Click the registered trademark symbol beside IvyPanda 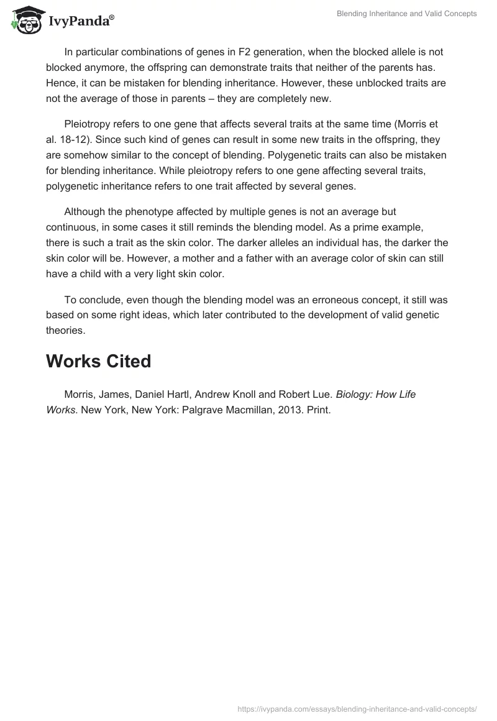point(112,17)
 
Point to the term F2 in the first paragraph point(245,52)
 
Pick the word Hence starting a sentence point(60,83)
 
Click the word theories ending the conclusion point(65,331)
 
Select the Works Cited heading point(98,361)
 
